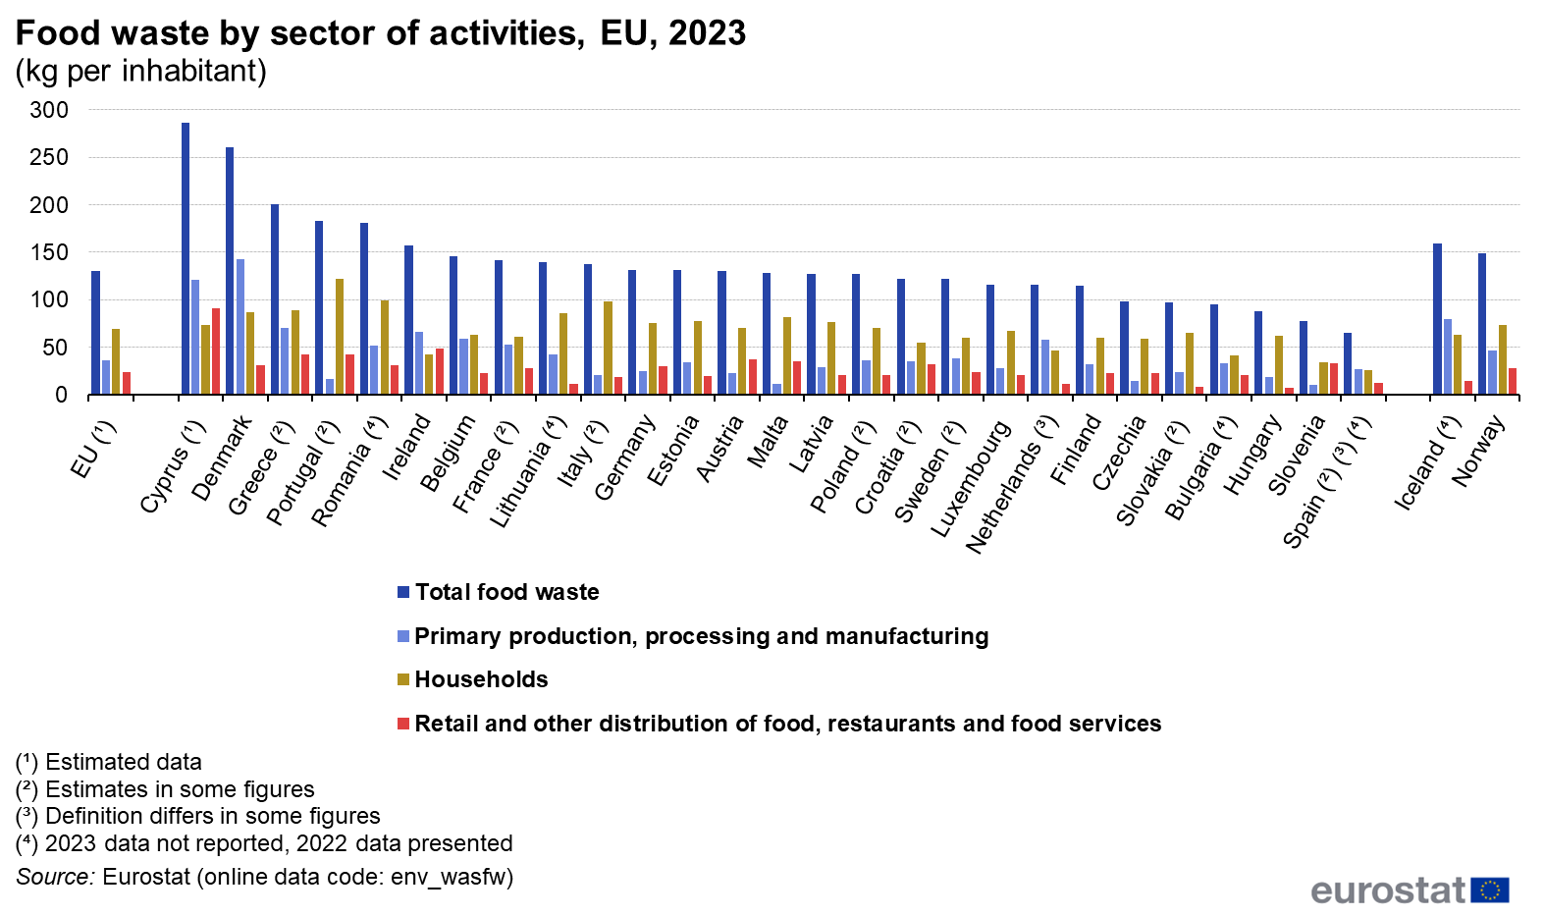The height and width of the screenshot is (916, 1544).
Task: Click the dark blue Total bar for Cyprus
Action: (186, 259)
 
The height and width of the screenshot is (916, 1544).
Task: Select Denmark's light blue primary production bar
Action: (240, 327)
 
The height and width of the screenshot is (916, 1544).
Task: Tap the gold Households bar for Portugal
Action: (340, 337)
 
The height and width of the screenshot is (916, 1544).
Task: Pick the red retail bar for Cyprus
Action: (216, 351)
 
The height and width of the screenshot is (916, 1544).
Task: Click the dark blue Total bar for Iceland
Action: (1437, 319)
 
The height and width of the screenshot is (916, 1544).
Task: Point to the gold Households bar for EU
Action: (116, 361)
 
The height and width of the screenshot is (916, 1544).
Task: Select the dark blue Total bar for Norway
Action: (1482, 324)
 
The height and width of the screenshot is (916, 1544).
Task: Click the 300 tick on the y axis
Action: (49, 110)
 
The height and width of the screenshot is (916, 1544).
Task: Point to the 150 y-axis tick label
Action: (49, 252)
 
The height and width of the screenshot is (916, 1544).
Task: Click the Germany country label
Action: (625, 458)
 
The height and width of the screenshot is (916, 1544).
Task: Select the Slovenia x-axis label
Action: (1297, 455)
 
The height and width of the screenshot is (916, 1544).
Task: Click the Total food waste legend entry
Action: (506, 592)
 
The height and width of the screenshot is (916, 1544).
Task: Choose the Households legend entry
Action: (481, 679)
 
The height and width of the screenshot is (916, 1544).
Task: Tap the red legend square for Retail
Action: (403, 724)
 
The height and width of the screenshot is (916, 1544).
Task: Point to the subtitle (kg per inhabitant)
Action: (141, 71)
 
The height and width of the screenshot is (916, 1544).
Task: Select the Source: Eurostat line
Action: (265, 877)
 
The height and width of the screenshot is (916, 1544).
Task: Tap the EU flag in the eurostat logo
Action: (1490, 889)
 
